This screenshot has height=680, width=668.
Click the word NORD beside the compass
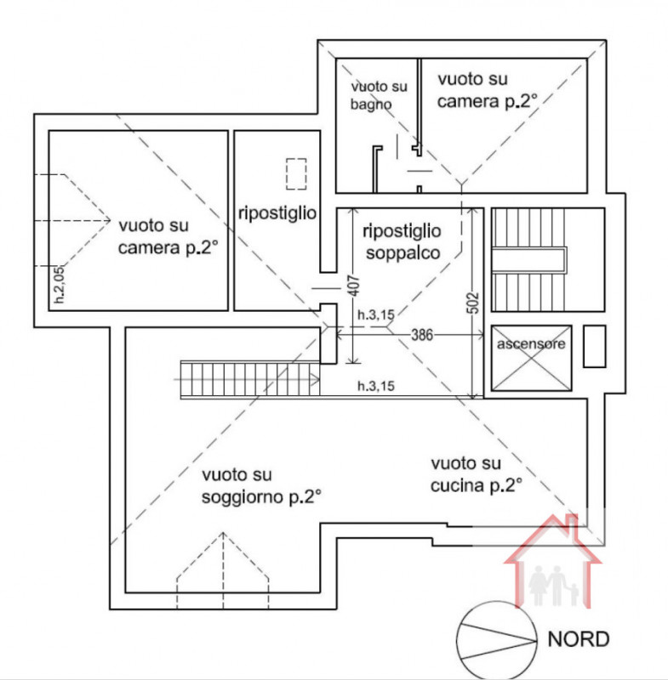point(578,639)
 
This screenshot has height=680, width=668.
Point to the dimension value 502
point(475,303)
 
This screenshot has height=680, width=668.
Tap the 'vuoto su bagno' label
point(379,95)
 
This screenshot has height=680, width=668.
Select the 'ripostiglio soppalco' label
point(401,241)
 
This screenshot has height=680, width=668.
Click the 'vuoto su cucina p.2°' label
point(476,474)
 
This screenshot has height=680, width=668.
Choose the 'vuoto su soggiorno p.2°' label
point(260,485)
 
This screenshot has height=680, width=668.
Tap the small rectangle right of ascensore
point(594,346)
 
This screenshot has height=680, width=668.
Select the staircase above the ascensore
point(528,260)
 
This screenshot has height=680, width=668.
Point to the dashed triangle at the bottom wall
point(224,569)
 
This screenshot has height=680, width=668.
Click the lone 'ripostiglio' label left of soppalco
point(277,212)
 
